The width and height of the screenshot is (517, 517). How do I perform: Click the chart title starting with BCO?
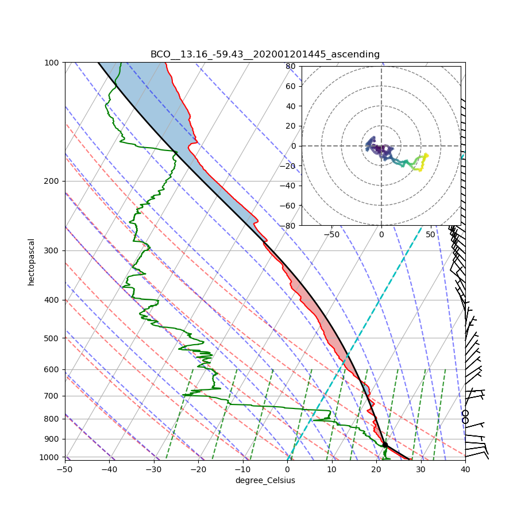pos(265,55)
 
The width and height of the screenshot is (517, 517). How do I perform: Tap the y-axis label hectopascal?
pos(31,262)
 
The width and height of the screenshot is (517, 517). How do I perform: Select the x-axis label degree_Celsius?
pos(265,480)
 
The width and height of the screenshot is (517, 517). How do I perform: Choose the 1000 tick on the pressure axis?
pos(53,457)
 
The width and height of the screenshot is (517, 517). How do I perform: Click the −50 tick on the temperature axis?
pos(64,469)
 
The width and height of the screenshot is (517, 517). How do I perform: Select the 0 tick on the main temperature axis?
pos(287,469)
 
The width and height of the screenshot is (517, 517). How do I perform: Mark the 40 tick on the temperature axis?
pos(465,469)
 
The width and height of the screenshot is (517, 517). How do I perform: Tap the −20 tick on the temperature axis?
pos(198,469)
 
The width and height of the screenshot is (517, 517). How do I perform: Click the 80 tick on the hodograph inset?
pos(291,66)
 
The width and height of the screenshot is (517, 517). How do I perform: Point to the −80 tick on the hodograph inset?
pos(289,226)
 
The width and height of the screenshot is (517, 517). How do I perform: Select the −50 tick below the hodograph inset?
pos(331,234)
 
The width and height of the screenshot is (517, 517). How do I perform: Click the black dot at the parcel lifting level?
pos(385,445)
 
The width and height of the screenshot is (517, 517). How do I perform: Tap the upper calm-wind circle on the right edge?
pos(465,413)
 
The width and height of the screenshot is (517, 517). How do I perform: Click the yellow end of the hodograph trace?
pos(426,156)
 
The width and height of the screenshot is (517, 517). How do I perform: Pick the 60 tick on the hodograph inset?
pos(291,86)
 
